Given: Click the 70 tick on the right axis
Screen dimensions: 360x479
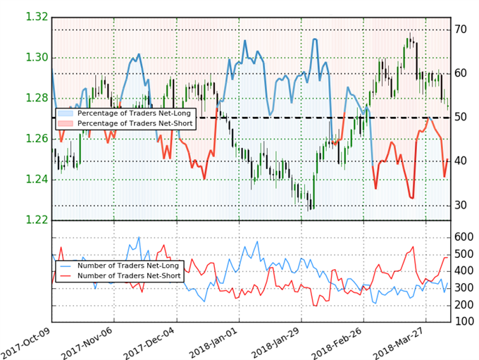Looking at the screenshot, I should (462, 30).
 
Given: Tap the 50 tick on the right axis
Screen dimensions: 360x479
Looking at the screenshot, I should (462, 117).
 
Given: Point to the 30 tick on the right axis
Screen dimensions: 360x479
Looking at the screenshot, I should (462, 205).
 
